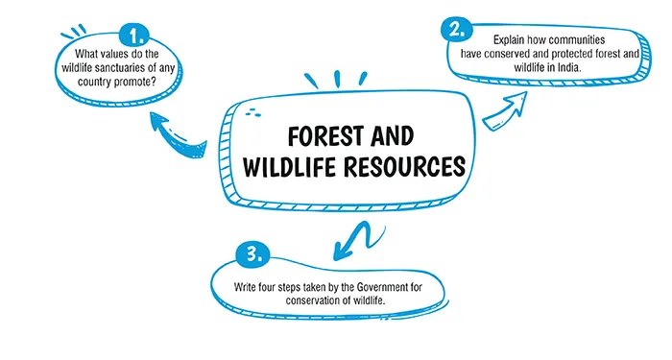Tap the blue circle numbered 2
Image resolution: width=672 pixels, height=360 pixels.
pos(456,27)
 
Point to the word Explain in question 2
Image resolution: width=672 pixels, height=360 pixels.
pos(512,39)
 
